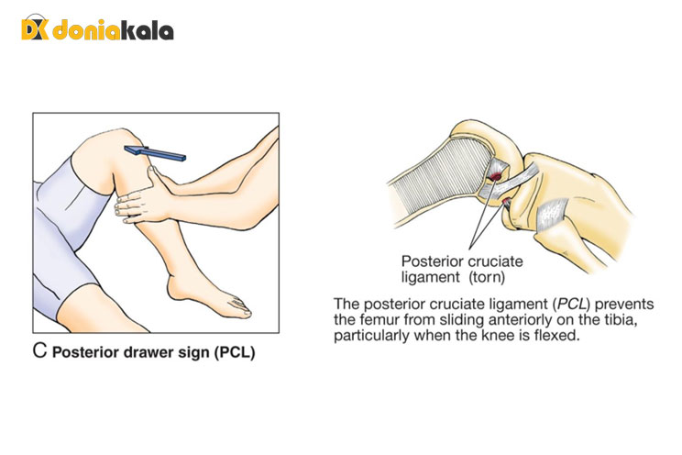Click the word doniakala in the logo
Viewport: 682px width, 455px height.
coord(112,30)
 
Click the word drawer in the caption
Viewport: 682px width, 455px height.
coord(137,352)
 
